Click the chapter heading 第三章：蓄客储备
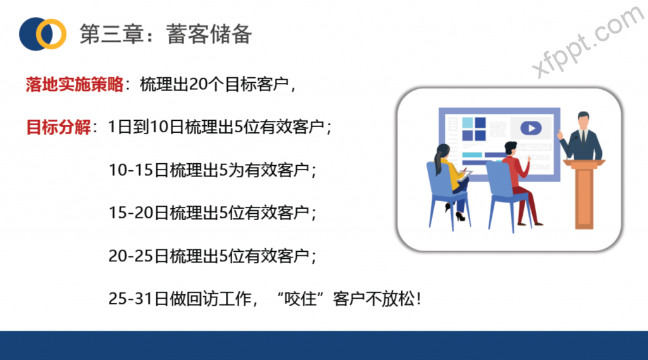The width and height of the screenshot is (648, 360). pyautogui.click(x=166, y=34)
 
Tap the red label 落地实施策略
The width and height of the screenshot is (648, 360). pyautogui.click(x=75, y=84)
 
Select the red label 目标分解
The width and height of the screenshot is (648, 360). pyautogui.click(x=58, y=127)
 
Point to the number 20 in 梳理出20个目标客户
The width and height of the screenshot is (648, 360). pyautogui.click(x=197, y=84)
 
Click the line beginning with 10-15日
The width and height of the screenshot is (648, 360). pyautogui.click(x=213, y=170)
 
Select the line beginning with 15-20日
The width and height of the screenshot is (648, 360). pyautogui.click(x=213, y=213)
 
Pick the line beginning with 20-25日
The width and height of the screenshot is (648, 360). pyautogui.click(x=213, y=256)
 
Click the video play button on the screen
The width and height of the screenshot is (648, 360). pyautogui.click(x=531, y=128)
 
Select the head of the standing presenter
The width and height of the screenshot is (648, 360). pyautogui.click(x=583, y=120)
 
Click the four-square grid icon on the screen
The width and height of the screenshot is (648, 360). pyautogui.click(x=474, y=129)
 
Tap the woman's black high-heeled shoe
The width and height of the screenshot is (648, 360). pyautogui.click(x=460, y=216)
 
